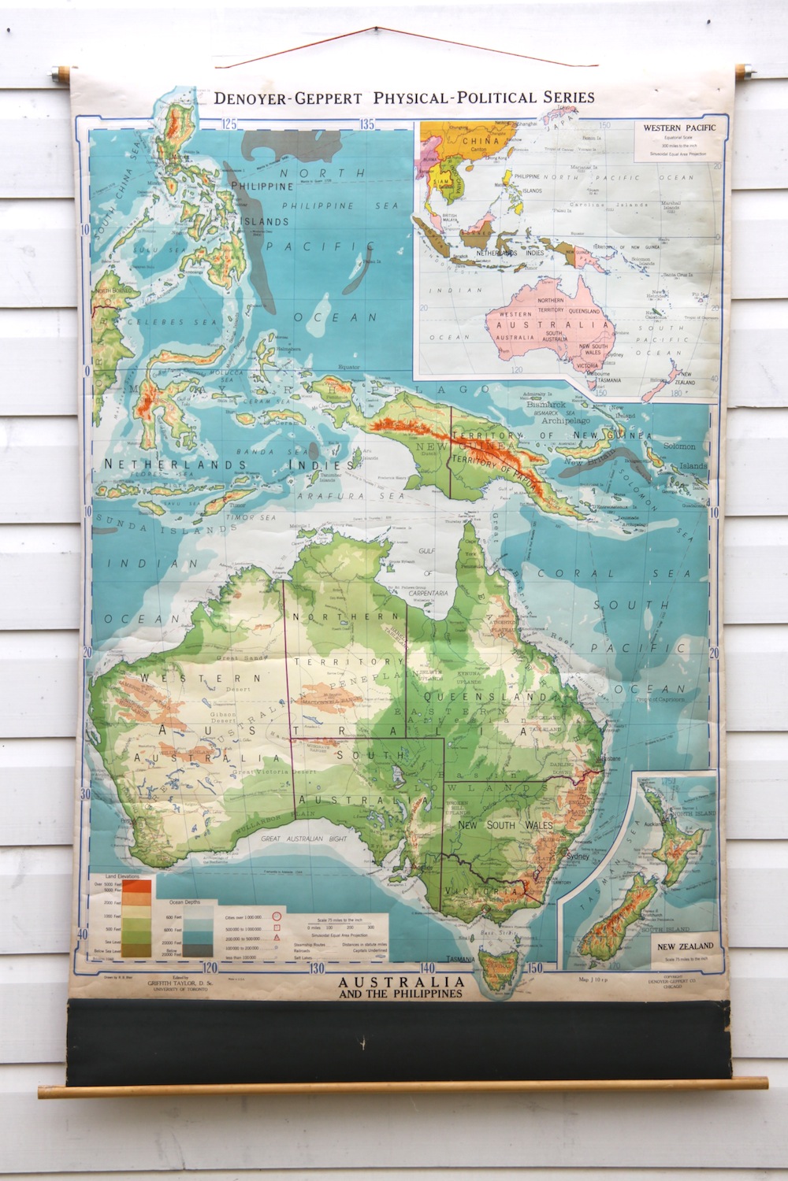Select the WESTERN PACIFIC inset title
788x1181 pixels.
click(674, 126)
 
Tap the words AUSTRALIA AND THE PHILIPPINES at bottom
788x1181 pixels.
click(400, 987)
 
